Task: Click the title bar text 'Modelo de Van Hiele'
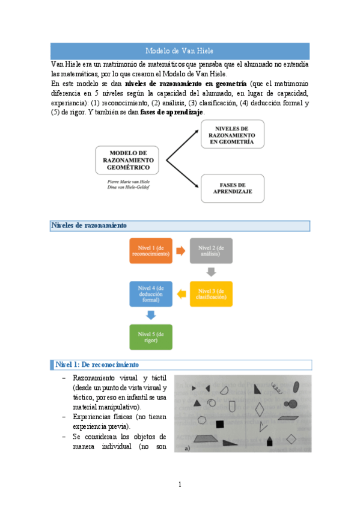180,51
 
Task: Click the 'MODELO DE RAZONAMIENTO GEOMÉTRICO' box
127,161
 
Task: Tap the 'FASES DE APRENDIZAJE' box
232,188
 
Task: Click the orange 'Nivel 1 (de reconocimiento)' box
151,251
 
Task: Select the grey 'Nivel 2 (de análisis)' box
210,251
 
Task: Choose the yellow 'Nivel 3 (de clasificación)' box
210,293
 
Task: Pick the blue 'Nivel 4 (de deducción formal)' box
151,293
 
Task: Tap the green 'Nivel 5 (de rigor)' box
151,336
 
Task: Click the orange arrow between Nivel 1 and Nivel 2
180,251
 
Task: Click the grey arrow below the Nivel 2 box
210,272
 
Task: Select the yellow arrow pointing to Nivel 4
180,293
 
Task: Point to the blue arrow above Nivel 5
151,315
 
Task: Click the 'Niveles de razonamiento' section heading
89,226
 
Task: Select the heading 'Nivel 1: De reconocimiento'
97,364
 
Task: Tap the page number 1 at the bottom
180,484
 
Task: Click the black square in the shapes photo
219,424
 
